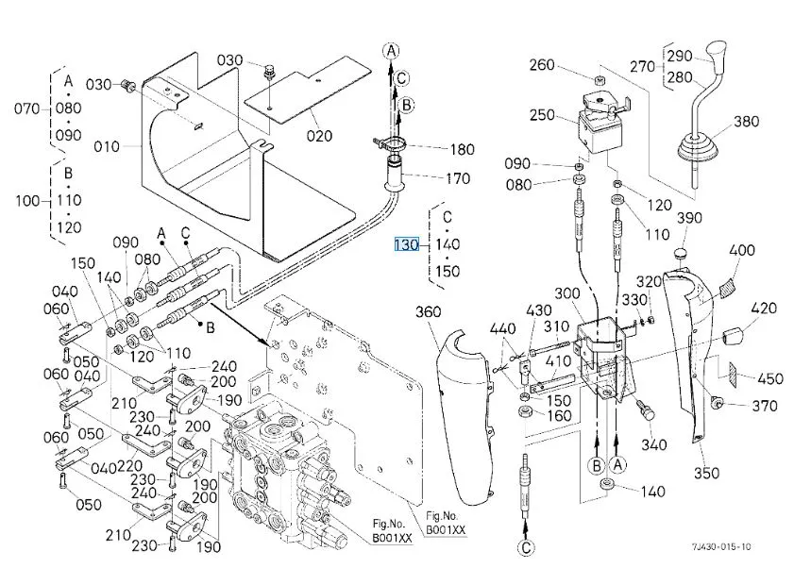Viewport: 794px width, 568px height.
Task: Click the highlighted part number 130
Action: pyautogui.click(x=406, y=245)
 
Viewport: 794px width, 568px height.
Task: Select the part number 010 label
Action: pyautogui.click(x=108, y=146)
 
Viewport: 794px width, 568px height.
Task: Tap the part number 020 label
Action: pyautogui.click(x=319, y=135)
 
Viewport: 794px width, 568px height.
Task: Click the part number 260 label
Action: pyautogui.click(x=542, y=65)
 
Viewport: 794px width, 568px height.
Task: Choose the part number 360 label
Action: pyautogui.click(x=429, y=312)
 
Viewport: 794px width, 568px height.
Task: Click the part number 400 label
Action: pyautogui.click(x=742, y=250)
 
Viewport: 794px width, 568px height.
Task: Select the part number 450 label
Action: pyautogui.click(x=770, y=378)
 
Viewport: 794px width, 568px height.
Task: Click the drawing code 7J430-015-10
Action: pyautogui.click(x=720, y=546)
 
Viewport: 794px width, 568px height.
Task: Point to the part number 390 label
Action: pyautogui.click(x=690, y=218)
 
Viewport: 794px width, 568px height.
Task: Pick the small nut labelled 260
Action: pyautogui.click(x=599, y=75)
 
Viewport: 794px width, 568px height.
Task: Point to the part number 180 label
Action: pyautogui.click(x=462, y=149)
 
